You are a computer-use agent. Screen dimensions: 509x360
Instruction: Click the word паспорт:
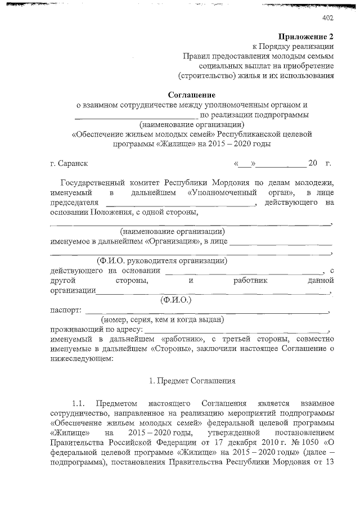click(65, 310)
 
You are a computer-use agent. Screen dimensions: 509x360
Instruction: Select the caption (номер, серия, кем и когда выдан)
click(159, 319)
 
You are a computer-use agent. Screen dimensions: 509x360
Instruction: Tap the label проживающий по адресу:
click(96, 330)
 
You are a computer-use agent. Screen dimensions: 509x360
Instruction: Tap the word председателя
click(74, 202)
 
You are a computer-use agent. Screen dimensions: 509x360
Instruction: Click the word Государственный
click(100, 183)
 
